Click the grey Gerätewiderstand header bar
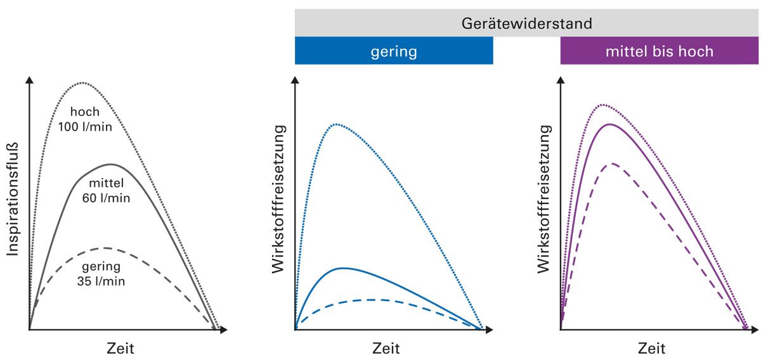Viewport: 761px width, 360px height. click(x=526, y=23)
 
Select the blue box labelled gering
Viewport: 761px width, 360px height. click(x=394, y=51)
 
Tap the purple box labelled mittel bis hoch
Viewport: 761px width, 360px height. click(x=659, y=51)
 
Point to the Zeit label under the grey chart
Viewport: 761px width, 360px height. click(x=120, y=348)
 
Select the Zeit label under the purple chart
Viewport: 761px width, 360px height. click(x=651, y=348)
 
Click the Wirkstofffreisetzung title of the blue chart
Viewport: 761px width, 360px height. click(x=278, y=199)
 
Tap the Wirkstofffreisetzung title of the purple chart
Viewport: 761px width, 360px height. click(x=544, y=199)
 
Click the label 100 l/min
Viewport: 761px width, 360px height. click(x=85, y=126)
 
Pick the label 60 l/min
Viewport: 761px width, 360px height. click(x=106, y=198)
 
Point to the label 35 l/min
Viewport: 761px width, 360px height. click(x=102, y=279)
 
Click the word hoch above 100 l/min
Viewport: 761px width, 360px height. click(x=84, y=112)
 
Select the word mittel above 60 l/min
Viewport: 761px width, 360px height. click(x=106, y=184)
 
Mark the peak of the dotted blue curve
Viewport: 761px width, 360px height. click(x=337, y=124)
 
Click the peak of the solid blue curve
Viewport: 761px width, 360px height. click(x=342, y=268)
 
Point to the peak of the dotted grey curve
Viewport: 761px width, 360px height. click(x=81, y=83)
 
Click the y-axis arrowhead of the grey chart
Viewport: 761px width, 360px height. click(x=29, y=80)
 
